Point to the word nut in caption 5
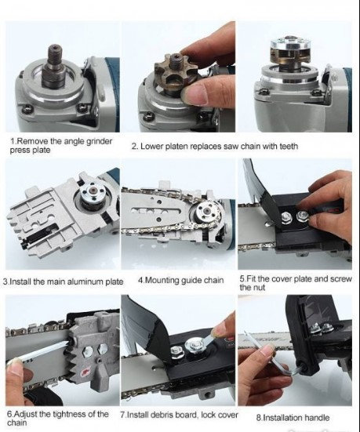(260, 288)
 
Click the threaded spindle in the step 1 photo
(53, 66)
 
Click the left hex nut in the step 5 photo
(286, 217)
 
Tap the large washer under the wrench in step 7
(195, 344)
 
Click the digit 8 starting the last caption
(258, 418)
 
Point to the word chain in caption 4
(213, 281)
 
